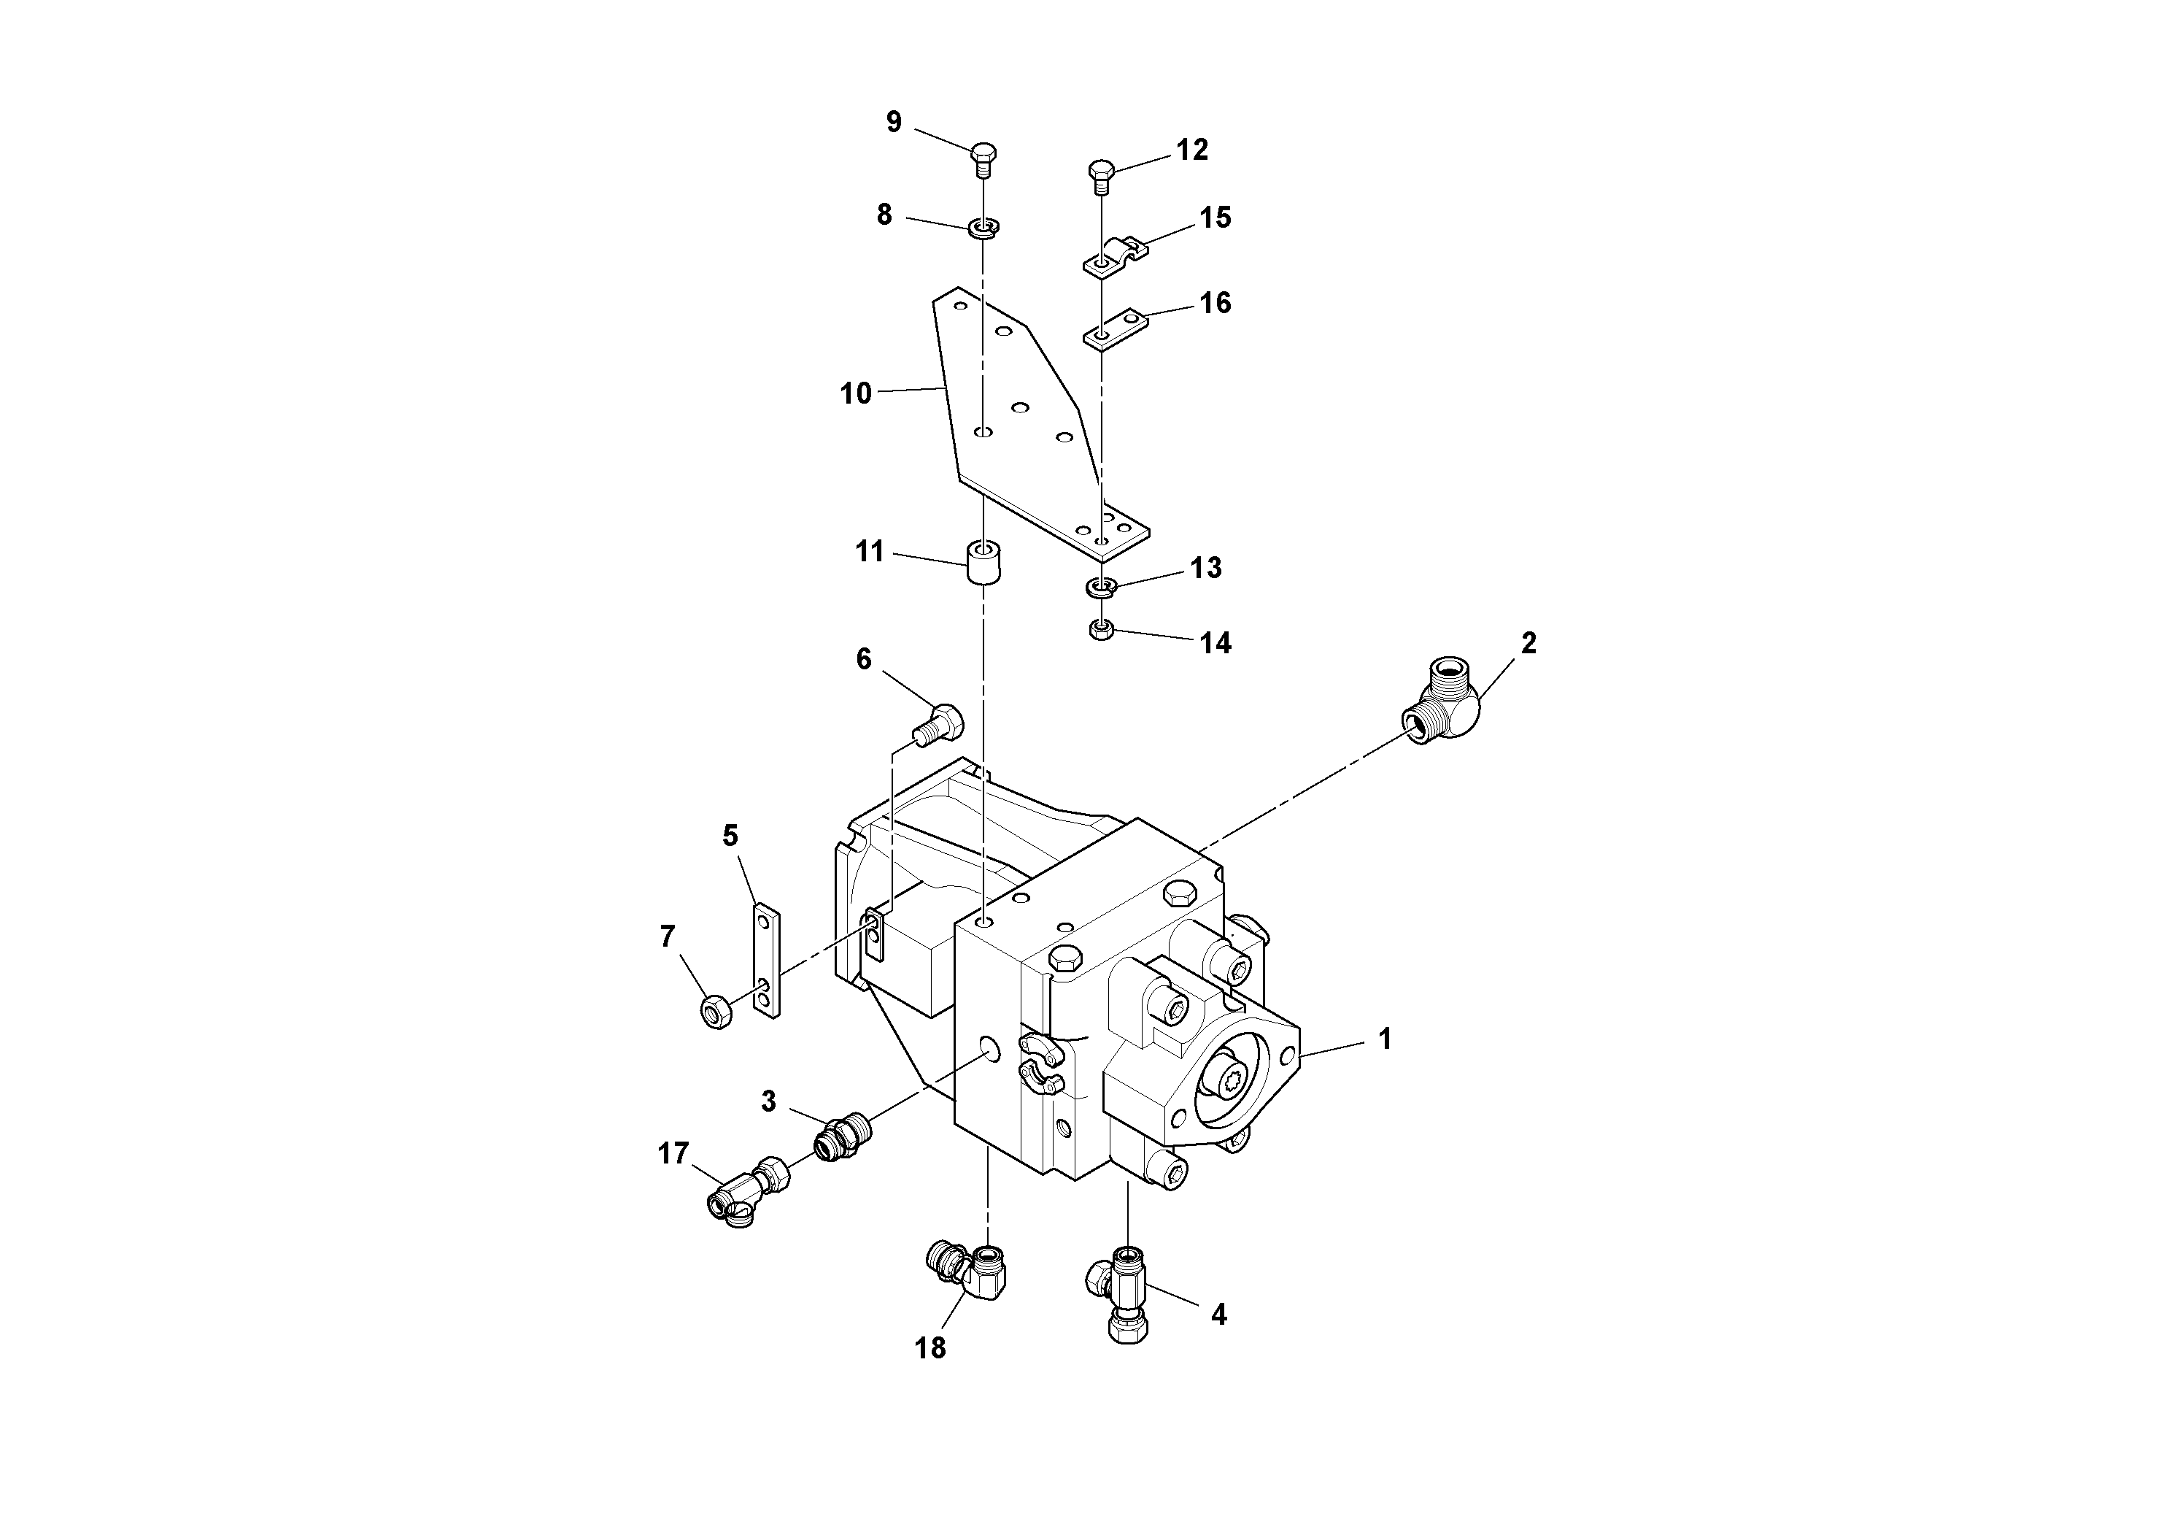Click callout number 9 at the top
(894, 122)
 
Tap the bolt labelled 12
(1099, 176)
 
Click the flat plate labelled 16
(1116, 329)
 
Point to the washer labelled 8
(983, 228)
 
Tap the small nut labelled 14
(1100, 631)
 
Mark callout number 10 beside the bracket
(856, 393)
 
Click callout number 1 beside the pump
(1385, 1039)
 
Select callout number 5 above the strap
(730, 836)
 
